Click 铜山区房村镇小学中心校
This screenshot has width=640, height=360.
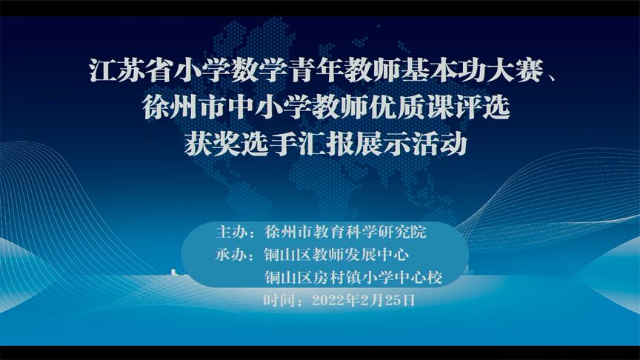coord(353,278)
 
